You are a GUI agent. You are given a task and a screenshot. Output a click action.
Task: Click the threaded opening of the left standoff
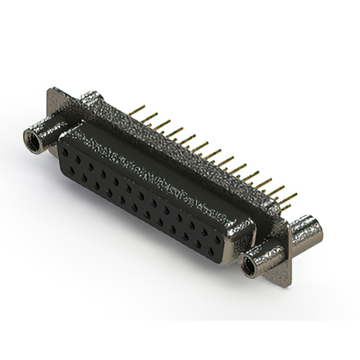33,139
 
